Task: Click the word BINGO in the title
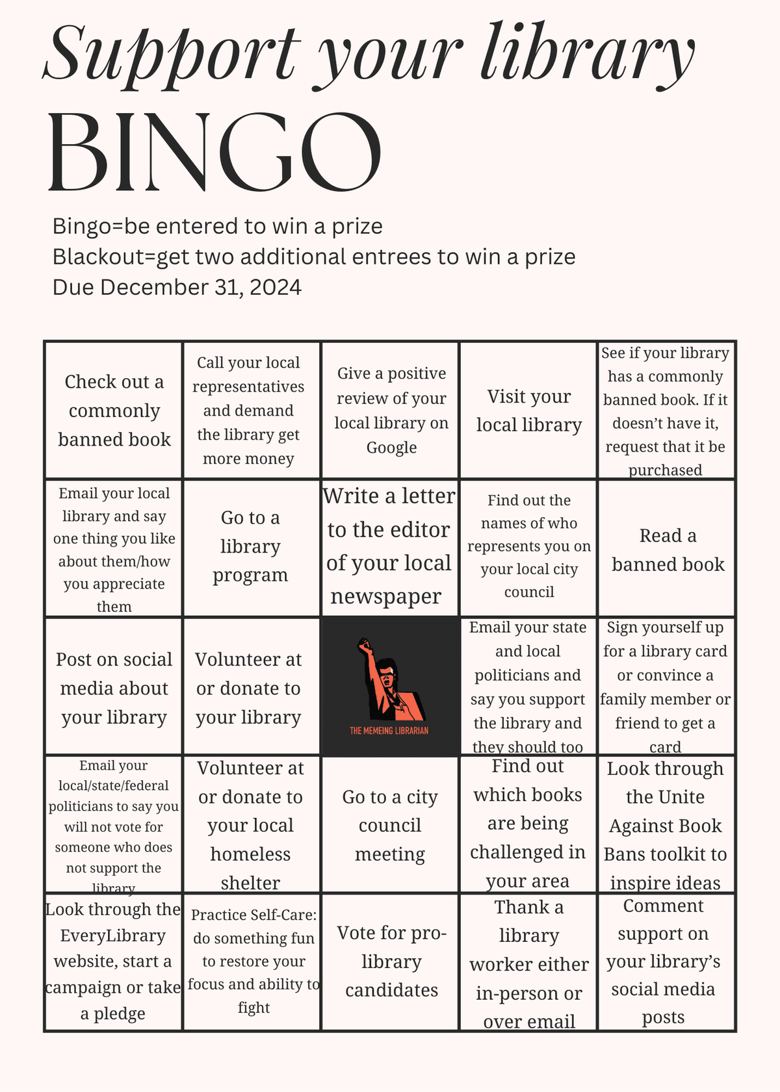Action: click(214, 153)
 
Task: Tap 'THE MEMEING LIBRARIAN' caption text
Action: click(389, 731)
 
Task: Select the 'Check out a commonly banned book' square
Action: click(114, 411)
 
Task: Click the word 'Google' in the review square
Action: click(391, 448)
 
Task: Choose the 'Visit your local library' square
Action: click(528, 411)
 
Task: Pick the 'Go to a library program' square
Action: click(251, 546)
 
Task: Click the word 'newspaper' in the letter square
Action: click(385, 596)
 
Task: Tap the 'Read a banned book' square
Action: click(668, 550)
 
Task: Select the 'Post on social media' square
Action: click(114, 688)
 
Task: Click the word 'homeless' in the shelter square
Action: click(250, 854)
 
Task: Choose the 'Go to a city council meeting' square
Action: click(390, 825)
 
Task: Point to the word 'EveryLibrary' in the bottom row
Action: click(113, 935)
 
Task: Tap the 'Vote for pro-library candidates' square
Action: click(391, 961)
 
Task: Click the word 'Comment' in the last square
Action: click(663, 906)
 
